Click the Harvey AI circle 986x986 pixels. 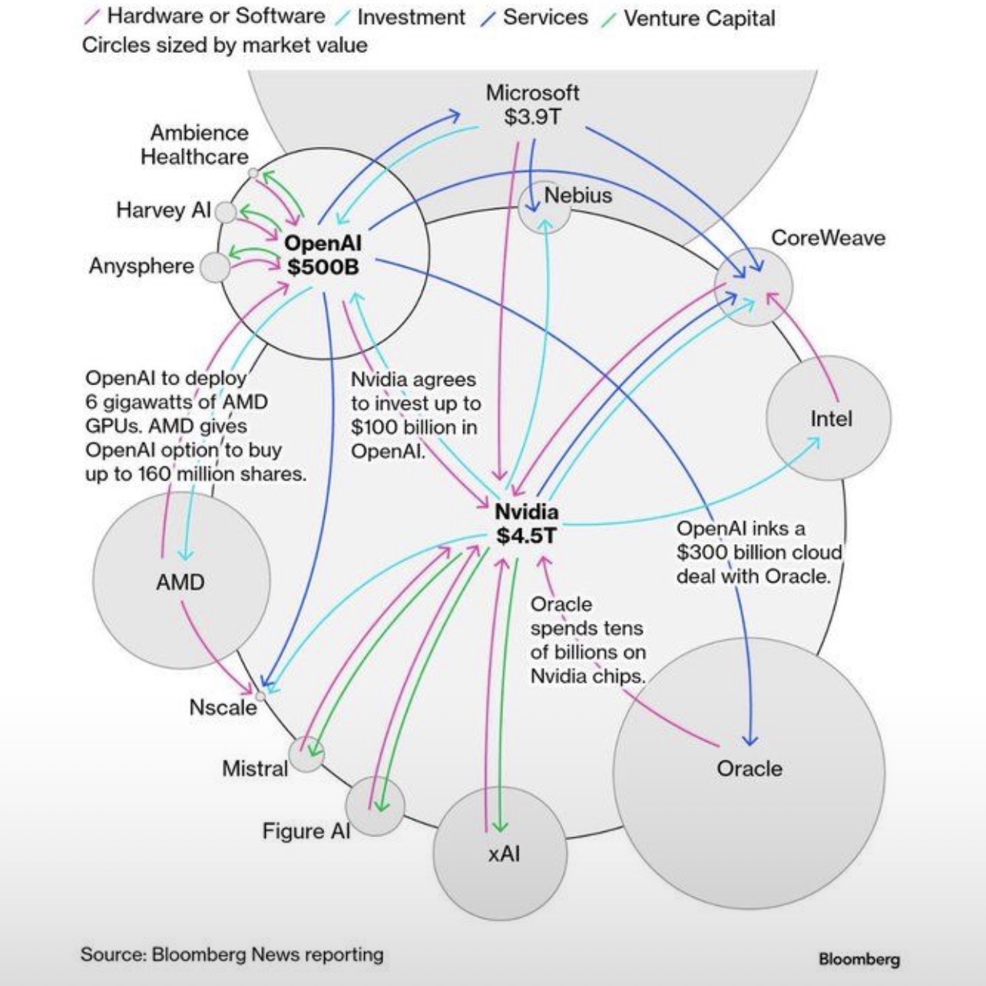pos(225,212)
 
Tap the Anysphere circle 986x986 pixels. pos(215,268)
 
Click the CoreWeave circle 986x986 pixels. pos(753,286)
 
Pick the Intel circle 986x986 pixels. pos(829,418)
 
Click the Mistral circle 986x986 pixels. pos(306,754)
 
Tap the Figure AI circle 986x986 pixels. pos(375,806)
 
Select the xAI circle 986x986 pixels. pos(500,853)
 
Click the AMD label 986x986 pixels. pos(180,582)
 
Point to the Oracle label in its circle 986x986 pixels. pos(749,768)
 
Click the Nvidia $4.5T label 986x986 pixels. pos(526,523)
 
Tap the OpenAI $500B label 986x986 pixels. pos(323,255)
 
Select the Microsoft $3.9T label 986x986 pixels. pos(533,104)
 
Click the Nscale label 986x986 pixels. pos(223,707)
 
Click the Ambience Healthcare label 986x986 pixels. pos(195,144)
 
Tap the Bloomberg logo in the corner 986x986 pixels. pos(859,959)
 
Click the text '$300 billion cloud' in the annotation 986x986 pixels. pos(759,552)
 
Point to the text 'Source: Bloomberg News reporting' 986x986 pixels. pos(232,955)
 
